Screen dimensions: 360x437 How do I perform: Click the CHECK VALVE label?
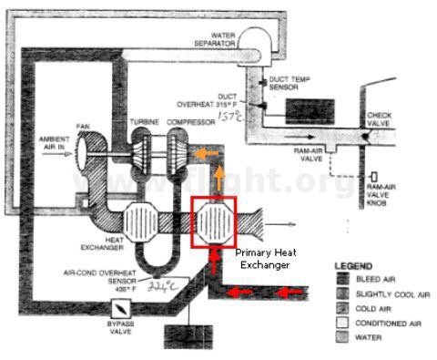378,120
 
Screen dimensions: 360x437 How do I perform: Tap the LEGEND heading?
352,267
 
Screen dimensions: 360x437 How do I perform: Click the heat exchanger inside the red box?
215,221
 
